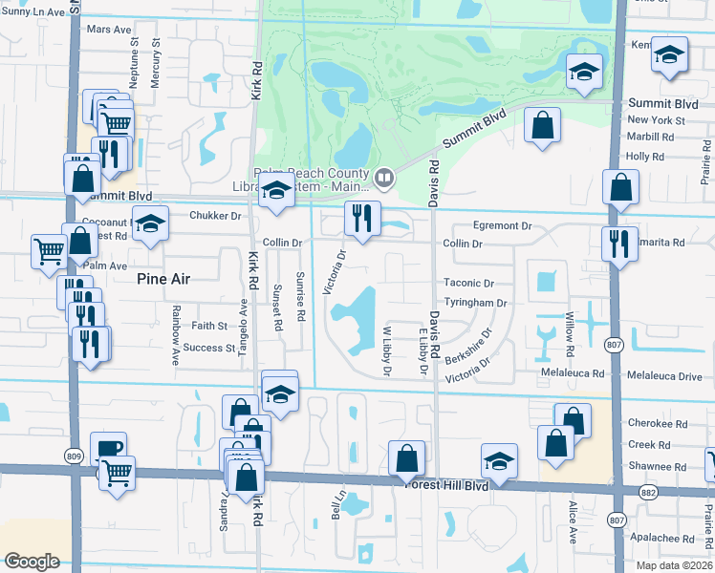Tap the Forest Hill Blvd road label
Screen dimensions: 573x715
pyautogui.click(x=475, y=486)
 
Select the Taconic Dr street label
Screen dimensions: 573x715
pyautogui.click(x=468, y=284)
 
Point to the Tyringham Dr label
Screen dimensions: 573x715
pyautogui.click(x=474, y=303)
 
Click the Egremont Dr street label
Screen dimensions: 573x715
pyautogui.click(x=500, y=226)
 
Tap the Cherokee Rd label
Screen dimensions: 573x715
pyautogui.click(x=658, y=423)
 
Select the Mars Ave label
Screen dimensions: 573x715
pyautogui.click(x=108, y=30)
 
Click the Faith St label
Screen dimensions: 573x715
pyautogui.click(x=208, y=326)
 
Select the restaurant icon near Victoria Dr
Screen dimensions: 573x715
pyautogui.click(x=361, y=219)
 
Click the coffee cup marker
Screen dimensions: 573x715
pyautogui.click(x=108, y=450)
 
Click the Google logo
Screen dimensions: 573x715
pyautogui.click(x=32, y=562)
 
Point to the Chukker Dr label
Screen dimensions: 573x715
pyautogui.click(x=215, y=216)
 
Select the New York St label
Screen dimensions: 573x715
pyautogui.click(x=656, y=120)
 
